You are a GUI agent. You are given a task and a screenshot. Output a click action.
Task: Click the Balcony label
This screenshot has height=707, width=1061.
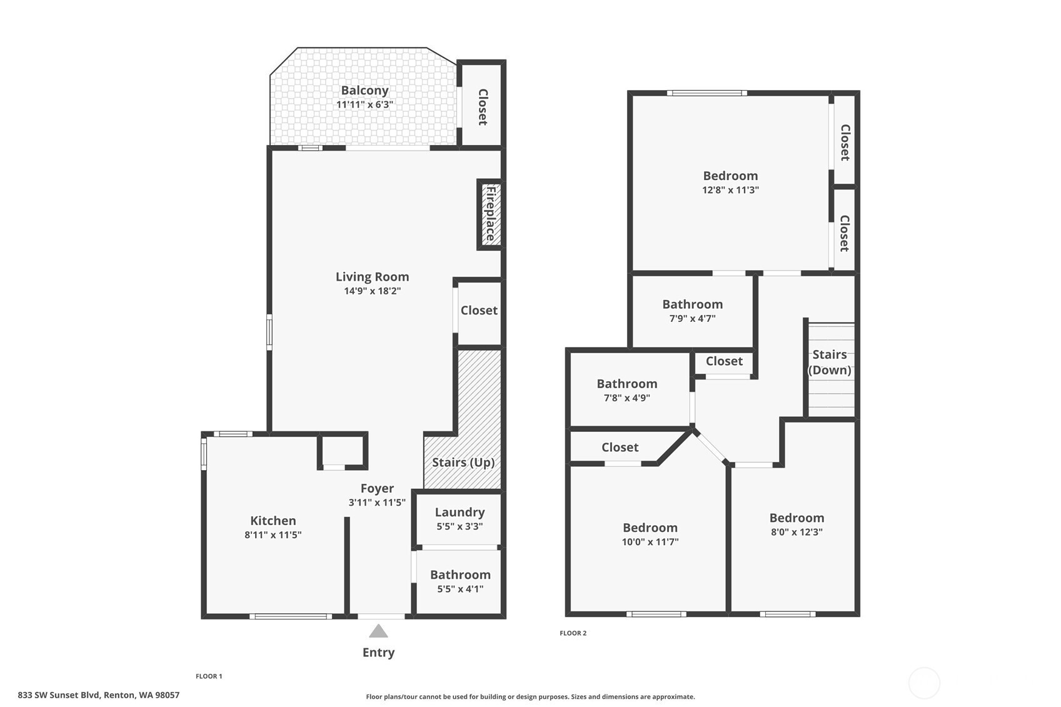[365, 90]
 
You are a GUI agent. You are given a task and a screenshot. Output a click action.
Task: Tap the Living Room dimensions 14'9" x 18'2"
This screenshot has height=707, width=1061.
[372, 291]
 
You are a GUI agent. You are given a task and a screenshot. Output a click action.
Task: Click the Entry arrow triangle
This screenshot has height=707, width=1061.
[378, 631]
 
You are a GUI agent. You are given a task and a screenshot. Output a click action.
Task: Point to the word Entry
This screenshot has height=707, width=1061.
[378, 653]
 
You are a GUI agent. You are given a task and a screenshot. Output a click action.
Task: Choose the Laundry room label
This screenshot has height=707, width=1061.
[460, 512]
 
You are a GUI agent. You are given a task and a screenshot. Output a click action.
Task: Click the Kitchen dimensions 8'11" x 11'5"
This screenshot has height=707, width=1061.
[273, 534]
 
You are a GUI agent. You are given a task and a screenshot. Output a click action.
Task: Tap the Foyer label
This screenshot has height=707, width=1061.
[377, 488]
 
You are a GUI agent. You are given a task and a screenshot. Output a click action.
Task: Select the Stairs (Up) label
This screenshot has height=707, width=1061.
[463, 462]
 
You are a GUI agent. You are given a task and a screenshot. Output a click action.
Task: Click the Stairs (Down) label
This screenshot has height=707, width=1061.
[830, 363]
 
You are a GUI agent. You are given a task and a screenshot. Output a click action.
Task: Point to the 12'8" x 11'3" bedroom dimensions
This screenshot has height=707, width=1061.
[730, 190]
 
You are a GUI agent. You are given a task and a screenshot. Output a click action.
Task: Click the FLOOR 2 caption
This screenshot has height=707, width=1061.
[573, 633]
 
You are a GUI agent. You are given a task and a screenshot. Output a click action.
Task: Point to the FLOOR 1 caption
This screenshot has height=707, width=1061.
[209, 676]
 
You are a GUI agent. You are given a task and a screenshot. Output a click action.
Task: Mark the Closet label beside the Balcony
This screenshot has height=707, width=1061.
[483, 107]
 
